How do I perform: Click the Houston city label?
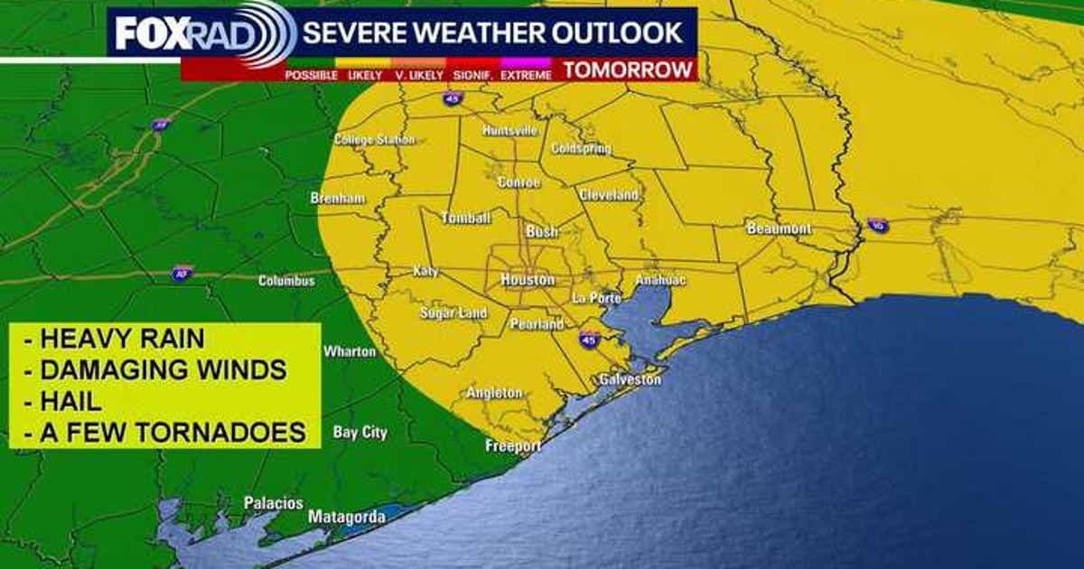coord(528,280)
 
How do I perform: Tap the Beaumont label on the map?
coord(779,229)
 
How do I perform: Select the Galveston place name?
coord(630,380)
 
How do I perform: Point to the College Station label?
coord(374,140)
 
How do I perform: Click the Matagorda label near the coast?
coord(347,518)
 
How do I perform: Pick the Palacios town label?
coord(274,503)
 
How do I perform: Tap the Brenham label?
coord(338,198)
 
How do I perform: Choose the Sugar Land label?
coord(453,313)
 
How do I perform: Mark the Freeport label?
coord(513,446)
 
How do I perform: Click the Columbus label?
coord(286,281)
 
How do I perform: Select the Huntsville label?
coord(509,130)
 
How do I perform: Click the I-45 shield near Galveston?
coord(589,340)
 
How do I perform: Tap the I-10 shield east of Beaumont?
coord(877,225)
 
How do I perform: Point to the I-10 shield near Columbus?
coord(182,274)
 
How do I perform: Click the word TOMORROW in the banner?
coord(629,70)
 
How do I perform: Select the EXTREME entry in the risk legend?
coord(526,76)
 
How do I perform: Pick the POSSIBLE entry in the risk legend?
coord(311,76)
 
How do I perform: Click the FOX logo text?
coord(149,34)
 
